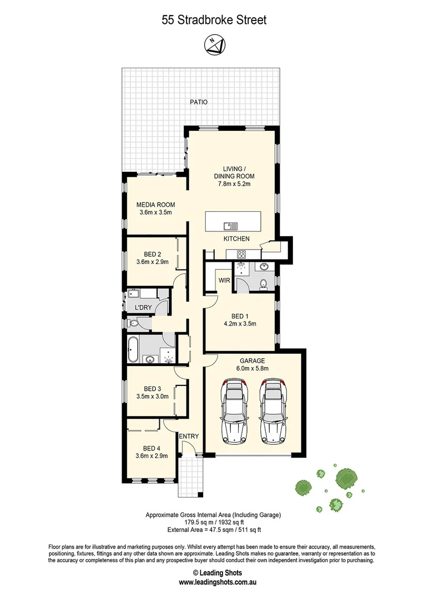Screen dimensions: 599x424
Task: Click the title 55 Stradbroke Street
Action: [x=214, y=21]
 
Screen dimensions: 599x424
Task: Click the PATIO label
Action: [x=198, y=102]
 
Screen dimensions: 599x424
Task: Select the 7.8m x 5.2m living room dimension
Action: [x=234, y=184]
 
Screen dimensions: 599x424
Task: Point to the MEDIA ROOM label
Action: [x=155, y=205]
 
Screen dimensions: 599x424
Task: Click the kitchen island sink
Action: [x=230, y=226]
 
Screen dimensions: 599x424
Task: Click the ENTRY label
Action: [x=189, y=436]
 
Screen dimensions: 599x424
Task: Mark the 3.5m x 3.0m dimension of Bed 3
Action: [x=152, y=397]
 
